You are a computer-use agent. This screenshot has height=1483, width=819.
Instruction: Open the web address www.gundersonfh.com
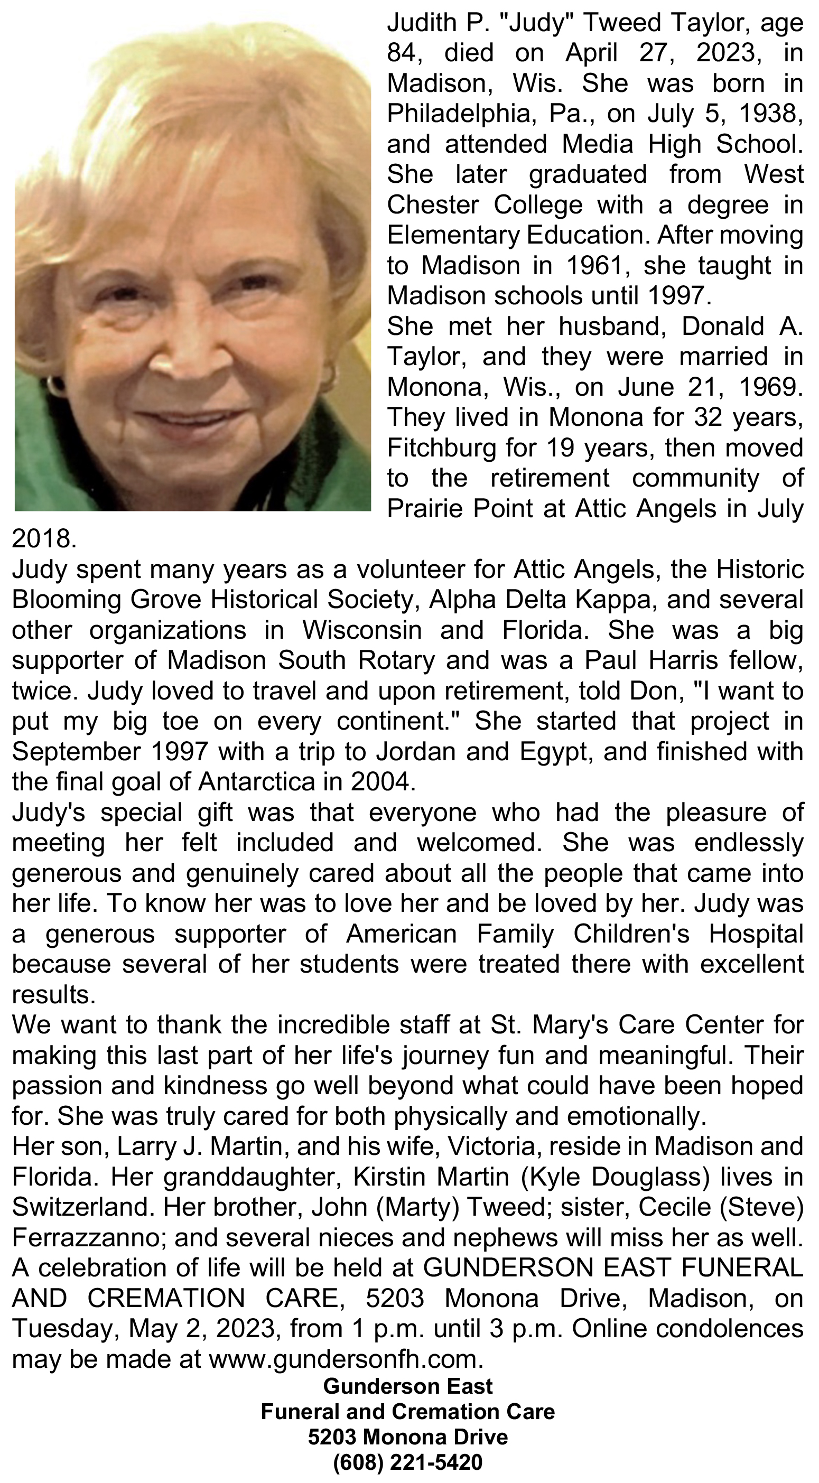click(346, 1359)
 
